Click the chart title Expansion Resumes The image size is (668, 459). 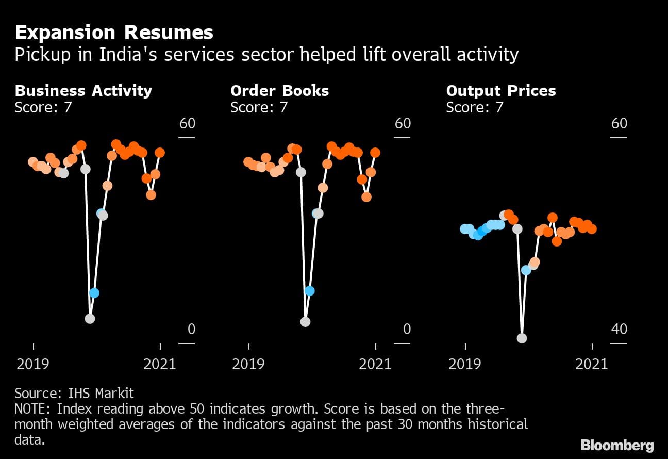coord(114,33)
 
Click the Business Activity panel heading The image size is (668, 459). coord(83,91)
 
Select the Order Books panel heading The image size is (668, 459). coord(279,91)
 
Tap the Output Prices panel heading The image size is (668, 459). coord(501,91)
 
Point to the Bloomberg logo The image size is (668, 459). coord(617,446)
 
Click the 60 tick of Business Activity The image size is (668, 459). coord(187,124)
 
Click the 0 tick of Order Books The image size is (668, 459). coord(407,329)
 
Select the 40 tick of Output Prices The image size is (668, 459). coord(619,329)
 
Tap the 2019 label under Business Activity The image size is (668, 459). coord(33,364)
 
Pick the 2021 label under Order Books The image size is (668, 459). coord(375,364)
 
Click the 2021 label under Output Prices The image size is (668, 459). coord(592,364)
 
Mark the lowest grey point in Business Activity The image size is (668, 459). coord(90,319)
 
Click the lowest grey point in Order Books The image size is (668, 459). coord(305,322)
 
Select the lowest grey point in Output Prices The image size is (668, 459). coord(522,338)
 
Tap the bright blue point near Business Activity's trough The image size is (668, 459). coord(94,293)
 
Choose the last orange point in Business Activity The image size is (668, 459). coord(160,153)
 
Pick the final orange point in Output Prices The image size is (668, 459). coord(592,228)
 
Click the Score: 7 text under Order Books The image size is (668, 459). coord(259,107)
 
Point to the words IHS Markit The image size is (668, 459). coord(101,394)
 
